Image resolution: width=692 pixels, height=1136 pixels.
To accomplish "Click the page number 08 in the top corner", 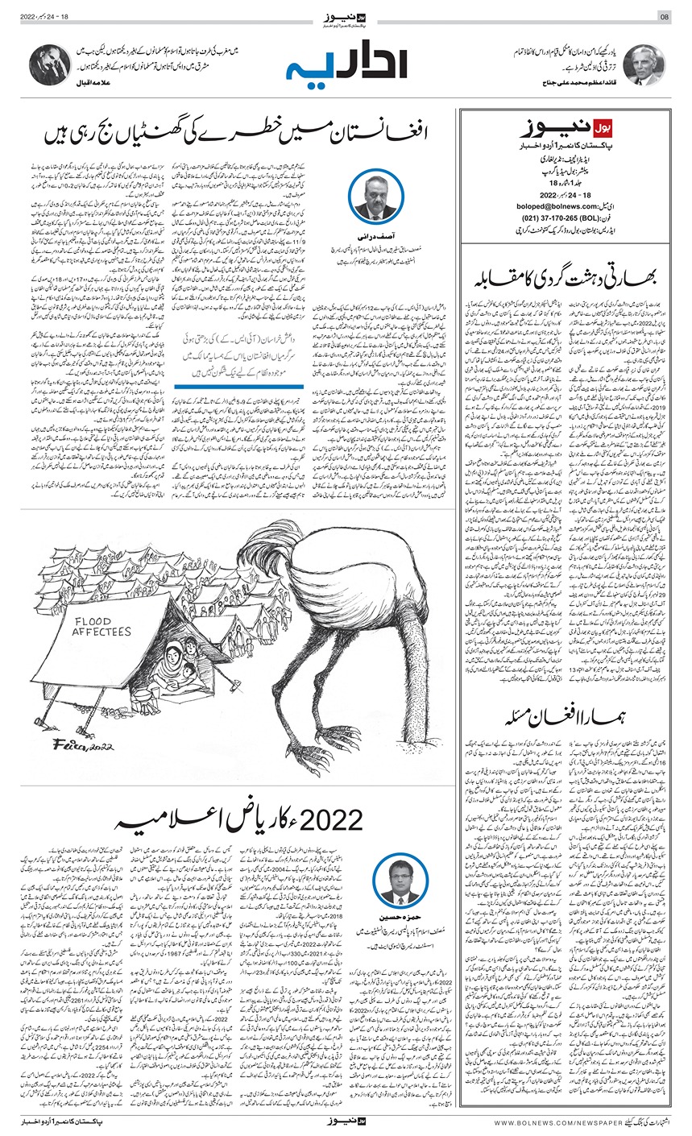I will click(x=665, y=16).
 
